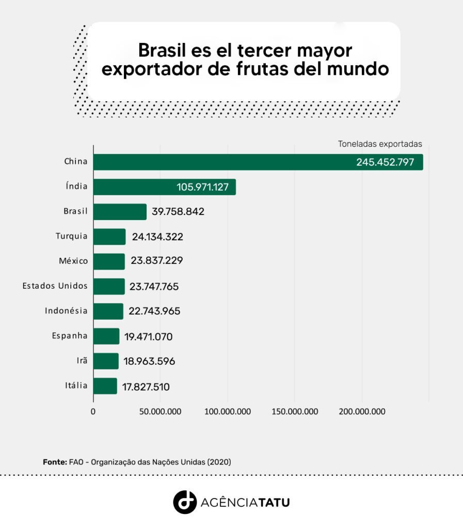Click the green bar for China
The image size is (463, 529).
[x=258, y=162]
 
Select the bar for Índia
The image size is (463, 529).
[x=165, y=187]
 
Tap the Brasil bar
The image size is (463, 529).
[x=120, y=212]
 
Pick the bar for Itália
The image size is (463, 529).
[x=105, y=386]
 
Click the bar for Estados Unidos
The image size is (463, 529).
[x=109, y=286]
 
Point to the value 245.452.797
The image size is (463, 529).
[x=385, y=162]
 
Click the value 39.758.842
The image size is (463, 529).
[x=178, y=211]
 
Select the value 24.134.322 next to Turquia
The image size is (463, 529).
[x=157, y=237]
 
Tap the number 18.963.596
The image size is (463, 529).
[x=149, y=361]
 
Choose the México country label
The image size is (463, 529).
[x=73, y=261]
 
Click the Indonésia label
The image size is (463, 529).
[x=66, y=310]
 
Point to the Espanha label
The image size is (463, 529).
[x=69, y=336]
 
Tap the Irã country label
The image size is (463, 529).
[x=82, y=360]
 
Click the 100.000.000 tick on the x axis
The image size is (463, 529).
[x=228, y=412]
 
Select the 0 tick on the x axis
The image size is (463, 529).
[x=93, y=412]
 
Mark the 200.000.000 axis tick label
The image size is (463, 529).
[x=362, y=412]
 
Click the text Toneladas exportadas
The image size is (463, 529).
[x=380, y=144]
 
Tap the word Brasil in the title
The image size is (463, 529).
[x=162, y=50]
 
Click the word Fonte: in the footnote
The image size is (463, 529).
[x=55, y=462]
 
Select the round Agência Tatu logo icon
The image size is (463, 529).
[x=185, y=502]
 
